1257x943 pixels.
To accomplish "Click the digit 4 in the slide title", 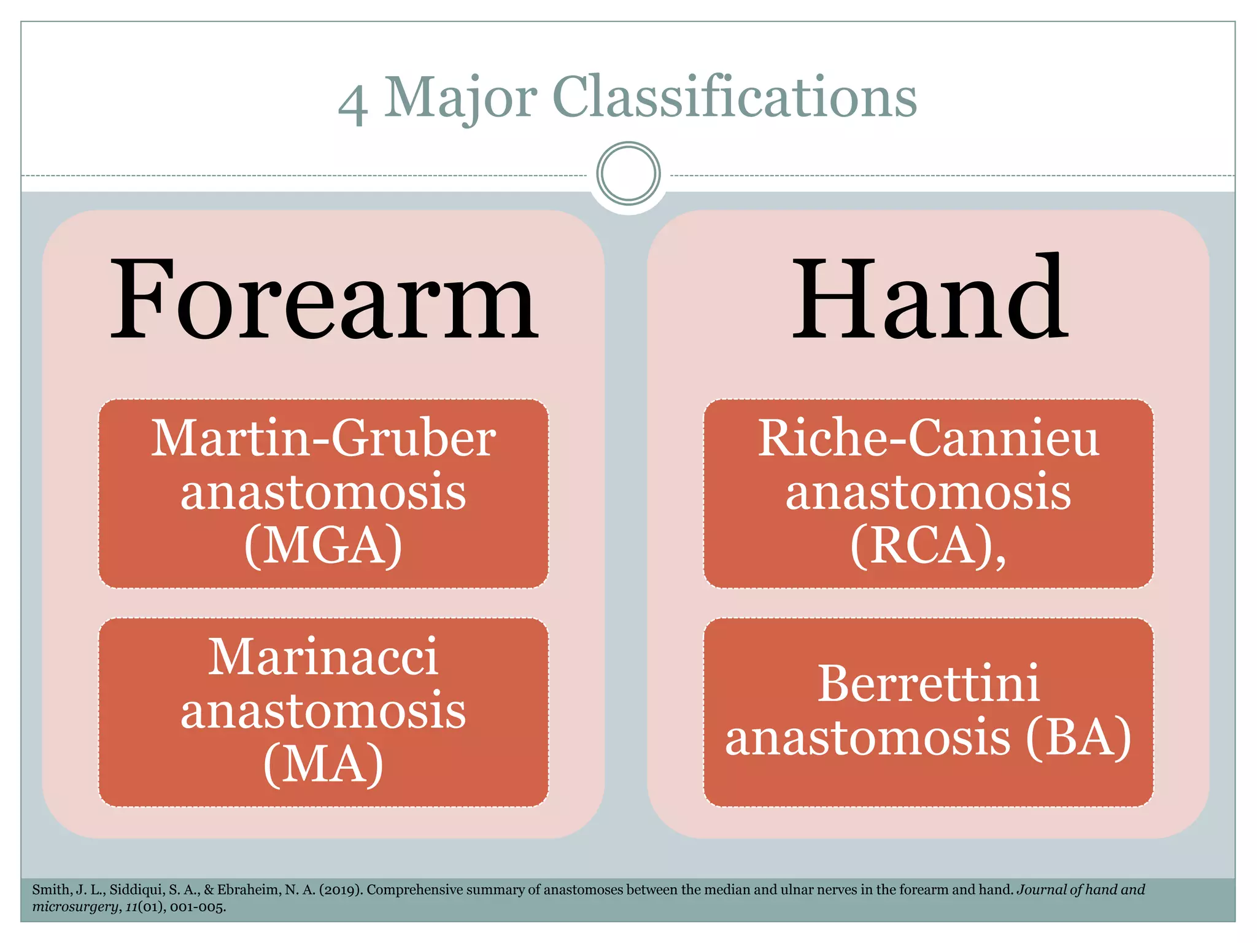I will pos(353,104).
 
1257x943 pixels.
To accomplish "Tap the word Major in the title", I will pos(460,98).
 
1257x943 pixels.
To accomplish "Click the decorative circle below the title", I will pos(628,173).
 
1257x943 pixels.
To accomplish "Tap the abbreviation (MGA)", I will pos(323,545).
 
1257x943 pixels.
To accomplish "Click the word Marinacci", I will pos(323,657).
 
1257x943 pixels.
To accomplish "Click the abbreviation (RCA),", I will pos(928,545).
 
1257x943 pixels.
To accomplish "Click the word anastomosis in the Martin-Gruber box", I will pos(323,492).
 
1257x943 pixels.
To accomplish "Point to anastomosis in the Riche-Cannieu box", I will pos(928,492).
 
